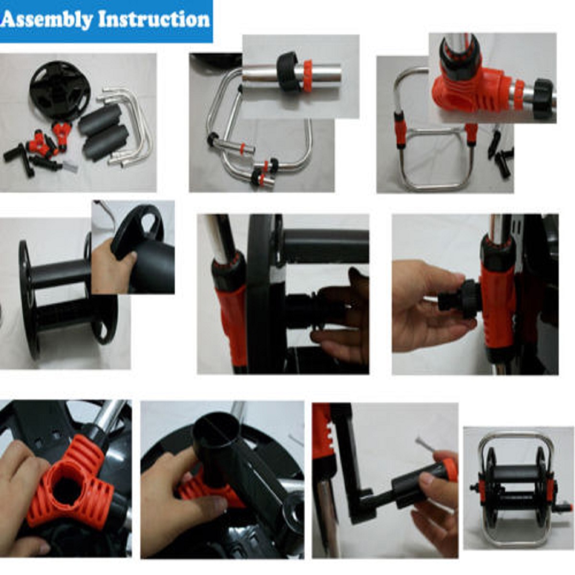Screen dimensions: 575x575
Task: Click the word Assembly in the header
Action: point(46,20)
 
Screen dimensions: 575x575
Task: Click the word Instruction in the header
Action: point(154,20)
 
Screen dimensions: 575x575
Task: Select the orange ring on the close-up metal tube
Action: point(307,76)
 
